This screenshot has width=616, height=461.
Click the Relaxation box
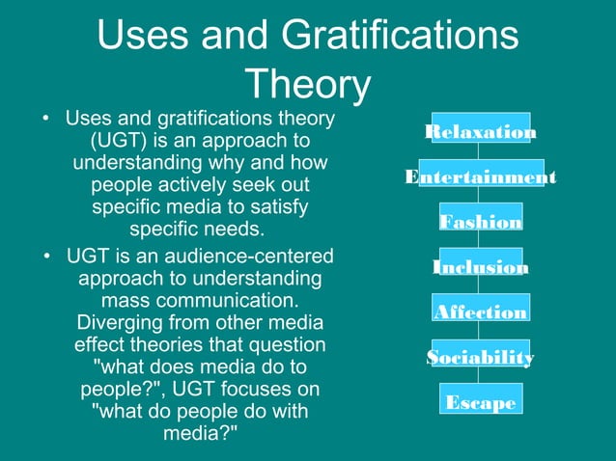[481, 131]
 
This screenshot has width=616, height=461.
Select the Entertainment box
[481, 176]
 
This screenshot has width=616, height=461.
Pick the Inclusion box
[481, 265]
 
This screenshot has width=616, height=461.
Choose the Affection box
[481, 311]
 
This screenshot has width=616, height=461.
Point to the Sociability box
[481, 356]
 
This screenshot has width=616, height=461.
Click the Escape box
[481, 401]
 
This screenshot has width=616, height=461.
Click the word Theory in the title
[308, 85]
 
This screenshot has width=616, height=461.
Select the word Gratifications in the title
[398, 38]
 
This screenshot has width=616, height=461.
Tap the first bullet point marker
[45, 120]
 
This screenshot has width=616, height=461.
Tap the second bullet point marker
[45, 257]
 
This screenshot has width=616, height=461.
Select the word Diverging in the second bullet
[121, 322]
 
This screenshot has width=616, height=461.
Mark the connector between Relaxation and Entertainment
[481, 152]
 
